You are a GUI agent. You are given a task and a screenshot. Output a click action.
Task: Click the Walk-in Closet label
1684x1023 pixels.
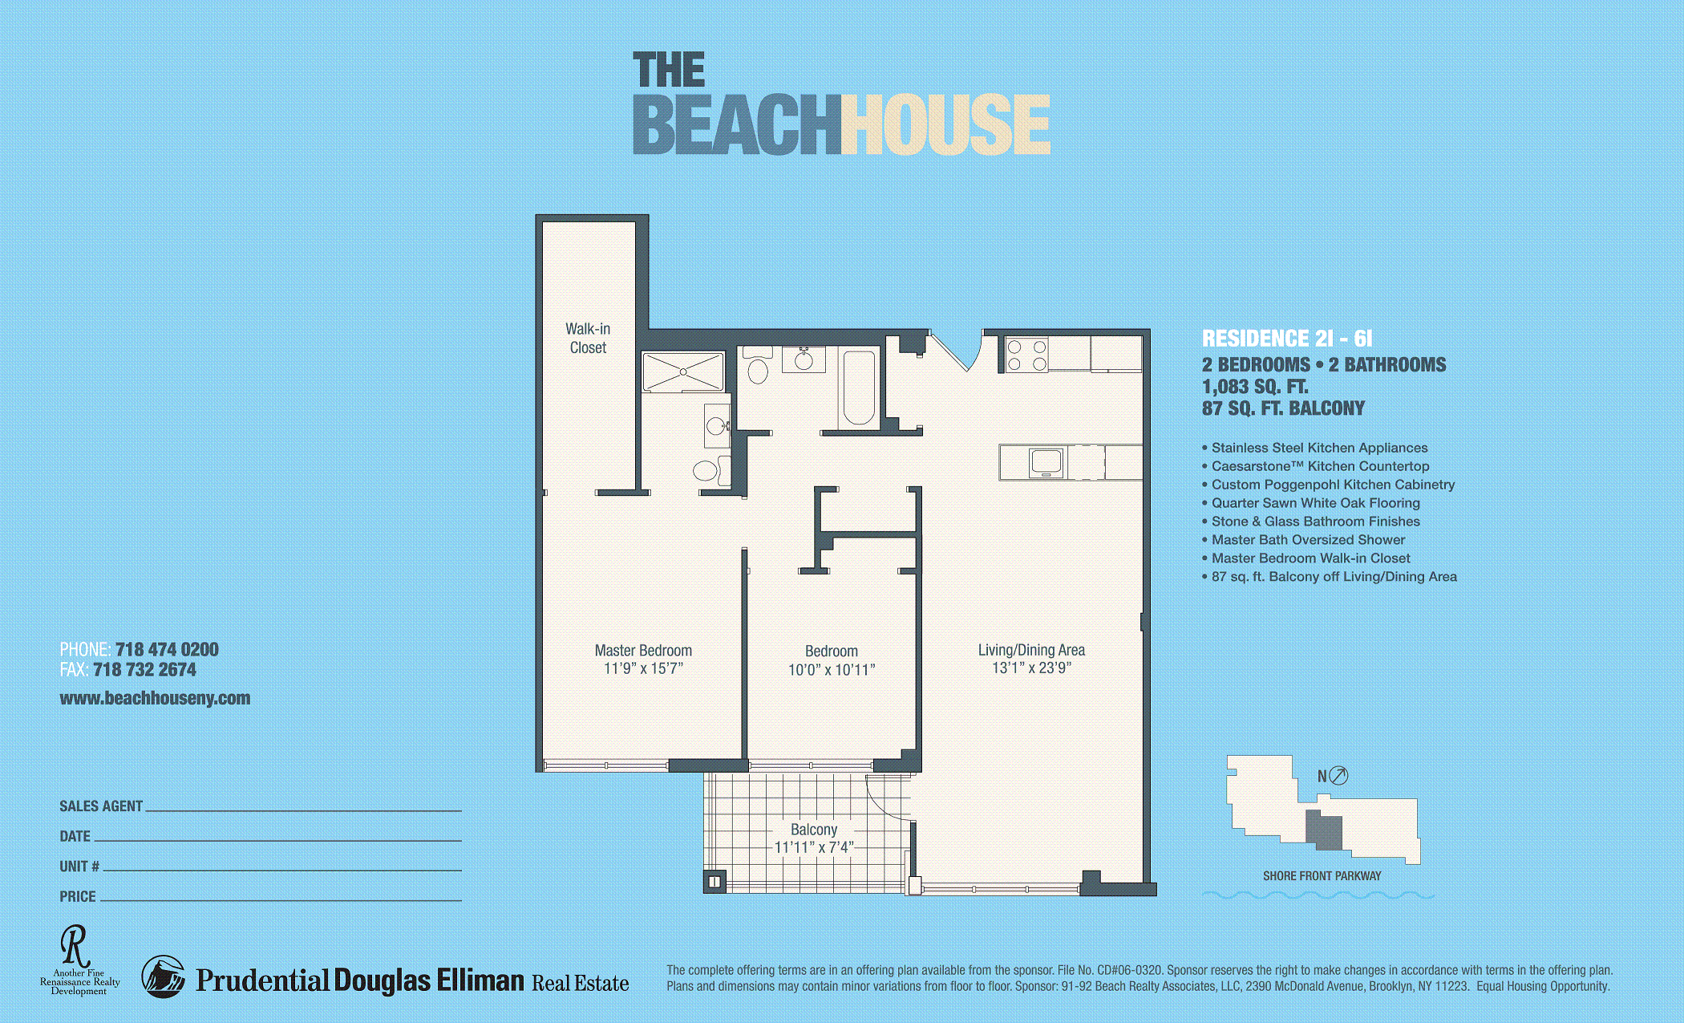click(588, 338)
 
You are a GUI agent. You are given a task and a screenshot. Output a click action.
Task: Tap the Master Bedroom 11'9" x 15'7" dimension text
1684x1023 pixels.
click(643, 668)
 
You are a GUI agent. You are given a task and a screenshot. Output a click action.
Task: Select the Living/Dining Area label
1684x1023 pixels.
click(1031, 650)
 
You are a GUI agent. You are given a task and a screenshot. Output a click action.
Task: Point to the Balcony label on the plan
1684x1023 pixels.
click(814, 830)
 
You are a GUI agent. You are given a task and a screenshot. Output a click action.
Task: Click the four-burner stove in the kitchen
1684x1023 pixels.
click(1027, 355)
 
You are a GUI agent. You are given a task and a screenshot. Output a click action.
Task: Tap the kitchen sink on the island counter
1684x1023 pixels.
click(1046, 462)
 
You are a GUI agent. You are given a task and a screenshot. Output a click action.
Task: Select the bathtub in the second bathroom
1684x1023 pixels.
click(859, 388)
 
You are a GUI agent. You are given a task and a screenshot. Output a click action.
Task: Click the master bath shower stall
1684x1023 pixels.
click(683, 371)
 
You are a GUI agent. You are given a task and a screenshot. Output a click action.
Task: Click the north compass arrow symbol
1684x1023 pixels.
click(1338, 775)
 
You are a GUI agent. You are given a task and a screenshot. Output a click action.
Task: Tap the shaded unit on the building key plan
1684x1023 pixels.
click(1324, 830)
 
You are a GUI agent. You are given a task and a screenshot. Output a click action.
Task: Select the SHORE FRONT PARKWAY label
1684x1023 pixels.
click(1322, 876)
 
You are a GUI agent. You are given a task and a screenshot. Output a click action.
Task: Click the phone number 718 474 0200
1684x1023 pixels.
click(167, 649)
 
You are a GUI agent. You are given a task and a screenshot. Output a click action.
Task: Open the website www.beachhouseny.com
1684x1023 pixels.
click(155, 698)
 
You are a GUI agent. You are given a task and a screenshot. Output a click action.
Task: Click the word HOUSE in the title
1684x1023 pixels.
click(945, 124)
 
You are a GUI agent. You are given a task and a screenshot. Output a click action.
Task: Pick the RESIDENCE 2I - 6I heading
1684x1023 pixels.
click(1287, 339)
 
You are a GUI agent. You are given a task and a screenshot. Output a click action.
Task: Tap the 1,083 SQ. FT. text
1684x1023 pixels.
click(1255, 387)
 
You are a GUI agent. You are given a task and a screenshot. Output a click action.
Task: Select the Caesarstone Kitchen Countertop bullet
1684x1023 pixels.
click(1316, 466)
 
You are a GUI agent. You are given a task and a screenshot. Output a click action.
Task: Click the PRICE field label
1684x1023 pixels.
click(78, 896)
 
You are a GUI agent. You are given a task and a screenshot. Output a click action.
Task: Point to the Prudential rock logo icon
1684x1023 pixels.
click(163, 976)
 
